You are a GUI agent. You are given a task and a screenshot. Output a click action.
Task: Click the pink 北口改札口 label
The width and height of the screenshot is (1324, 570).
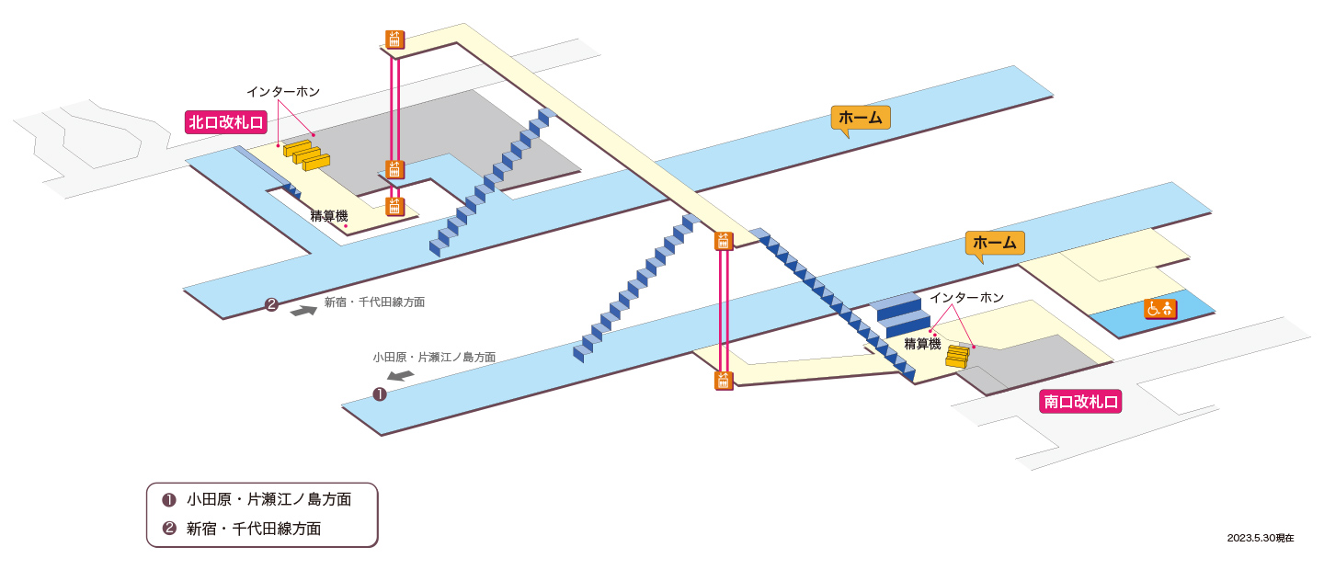tap(226, 122)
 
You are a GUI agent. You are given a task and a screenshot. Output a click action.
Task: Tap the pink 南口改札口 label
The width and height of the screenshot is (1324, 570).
tap(1080, 402)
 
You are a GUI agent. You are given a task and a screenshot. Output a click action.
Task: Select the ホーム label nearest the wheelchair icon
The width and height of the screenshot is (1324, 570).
tap(995, 243)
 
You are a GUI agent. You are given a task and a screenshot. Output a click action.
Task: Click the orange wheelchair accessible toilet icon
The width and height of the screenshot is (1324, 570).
tap(1160, 309)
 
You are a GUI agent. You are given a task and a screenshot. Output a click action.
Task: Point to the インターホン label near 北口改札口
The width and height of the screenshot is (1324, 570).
tap(283, 92)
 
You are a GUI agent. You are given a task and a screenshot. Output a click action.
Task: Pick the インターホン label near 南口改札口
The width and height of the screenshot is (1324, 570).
tap(967, 298)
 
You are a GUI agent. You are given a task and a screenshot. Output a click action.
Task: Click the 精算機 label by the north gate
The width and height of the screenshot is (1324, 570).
tap(329, 216)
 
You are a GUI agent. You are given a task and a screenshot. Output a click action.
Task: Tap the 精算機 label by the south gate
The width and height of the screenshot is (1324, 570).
tap(923, 344)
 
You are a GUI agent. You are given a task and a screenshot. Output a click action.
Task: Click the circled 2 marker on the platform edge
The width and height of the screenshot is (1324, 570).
tap(271, 304)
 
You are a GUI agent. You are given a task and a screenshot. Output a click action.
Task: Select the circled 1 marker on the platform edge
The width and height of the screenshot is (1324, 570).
tap(380, 393)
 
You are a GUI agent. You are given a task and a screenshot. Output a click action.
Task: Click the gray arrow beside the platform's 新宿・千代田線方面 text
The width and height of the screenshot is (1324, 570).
tap(303, 310)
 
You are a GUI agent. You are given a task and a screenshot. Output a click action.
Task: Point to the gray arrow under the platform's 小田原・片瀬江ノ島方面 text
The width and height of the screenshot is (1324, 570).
tap(401, 375)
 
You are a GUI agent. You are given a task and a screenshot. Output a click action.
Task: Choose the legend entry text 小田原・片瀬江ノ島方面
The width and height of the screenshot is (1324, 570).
tap(268, 499)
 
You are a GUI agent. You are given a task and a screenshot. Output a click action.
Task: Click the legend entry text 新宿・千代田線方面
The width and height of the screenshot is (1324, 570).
tap(254, 529)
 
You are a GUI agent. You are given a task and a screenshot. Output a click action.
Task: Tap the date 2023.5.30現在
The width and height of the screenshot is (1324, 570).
tap(1261, 538)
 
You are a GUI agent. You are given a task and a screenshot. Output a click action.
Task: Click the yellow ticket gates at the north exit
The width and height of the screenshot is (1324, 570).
tap(306, 155)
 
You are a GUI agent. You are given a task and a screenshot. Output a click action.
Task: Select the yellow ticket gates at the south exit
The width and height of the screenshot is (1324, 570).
tap(957, 357)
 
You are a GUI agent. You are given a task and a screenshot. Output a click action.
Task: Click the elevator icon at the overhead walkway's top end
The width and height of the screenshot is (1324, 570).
tap(394, 40)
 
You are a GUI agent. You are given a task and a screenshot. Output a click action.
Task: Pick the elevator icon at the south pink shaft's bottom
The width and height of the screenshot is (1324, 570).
tap(724, 381)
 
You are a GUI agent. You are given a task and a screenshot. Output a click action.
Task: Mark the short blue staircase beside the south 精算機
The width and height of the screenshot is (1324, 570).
tap(899, 315)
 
